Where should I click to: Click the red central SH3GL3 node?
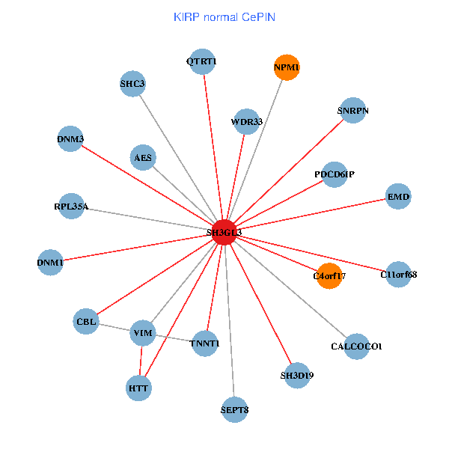[224, 232]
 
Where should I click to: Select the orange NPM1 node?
[287, 67]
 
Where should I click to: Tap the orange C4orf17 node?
[329, 275]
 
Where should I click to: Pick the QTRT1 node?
[202, 61]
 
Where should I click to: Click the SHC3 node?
[132, 84]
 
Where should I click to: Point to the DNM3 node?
[70, 138]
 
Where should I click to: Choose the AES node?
[143, 158]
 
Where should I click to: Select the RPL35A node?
[71, 207]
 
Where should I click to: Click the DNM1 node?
[50, 262]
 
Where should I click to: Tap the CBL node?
[86, 322]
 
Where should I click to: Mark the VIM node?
[142, 332]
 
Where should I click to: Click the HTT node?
[138, 388]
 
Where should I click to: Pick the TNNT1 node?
[204, 343]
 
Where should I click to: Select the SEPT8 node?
[235, 409]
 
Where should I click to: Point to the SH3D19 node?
[297, 375]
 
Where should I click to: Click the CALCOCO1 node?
[356, 346]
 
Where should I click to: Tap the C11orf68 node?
[399, 274]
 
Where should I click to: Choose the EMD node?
[398, 197]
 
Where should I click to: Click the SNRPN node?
[353, 111]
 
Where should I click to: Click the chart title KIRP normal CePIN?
[224, 16]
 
